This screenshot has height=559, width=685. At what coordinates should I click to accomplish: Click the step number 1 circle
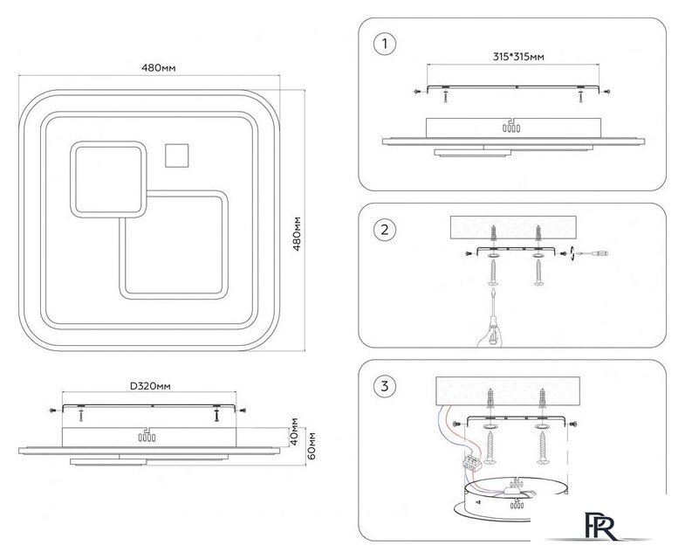382,43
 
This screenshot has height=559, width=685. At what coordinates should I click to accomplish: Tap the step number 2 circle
382,231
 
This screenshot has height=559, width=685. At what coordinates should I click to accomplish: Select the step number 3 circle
382,386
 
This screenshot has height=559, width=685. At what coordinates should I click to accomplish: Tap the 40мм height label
295,432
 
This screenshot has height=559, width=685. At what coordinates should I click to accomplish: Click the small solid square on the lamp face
178,155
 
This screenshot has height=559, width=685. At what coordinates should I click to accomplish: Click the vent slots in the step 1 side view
509,127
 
